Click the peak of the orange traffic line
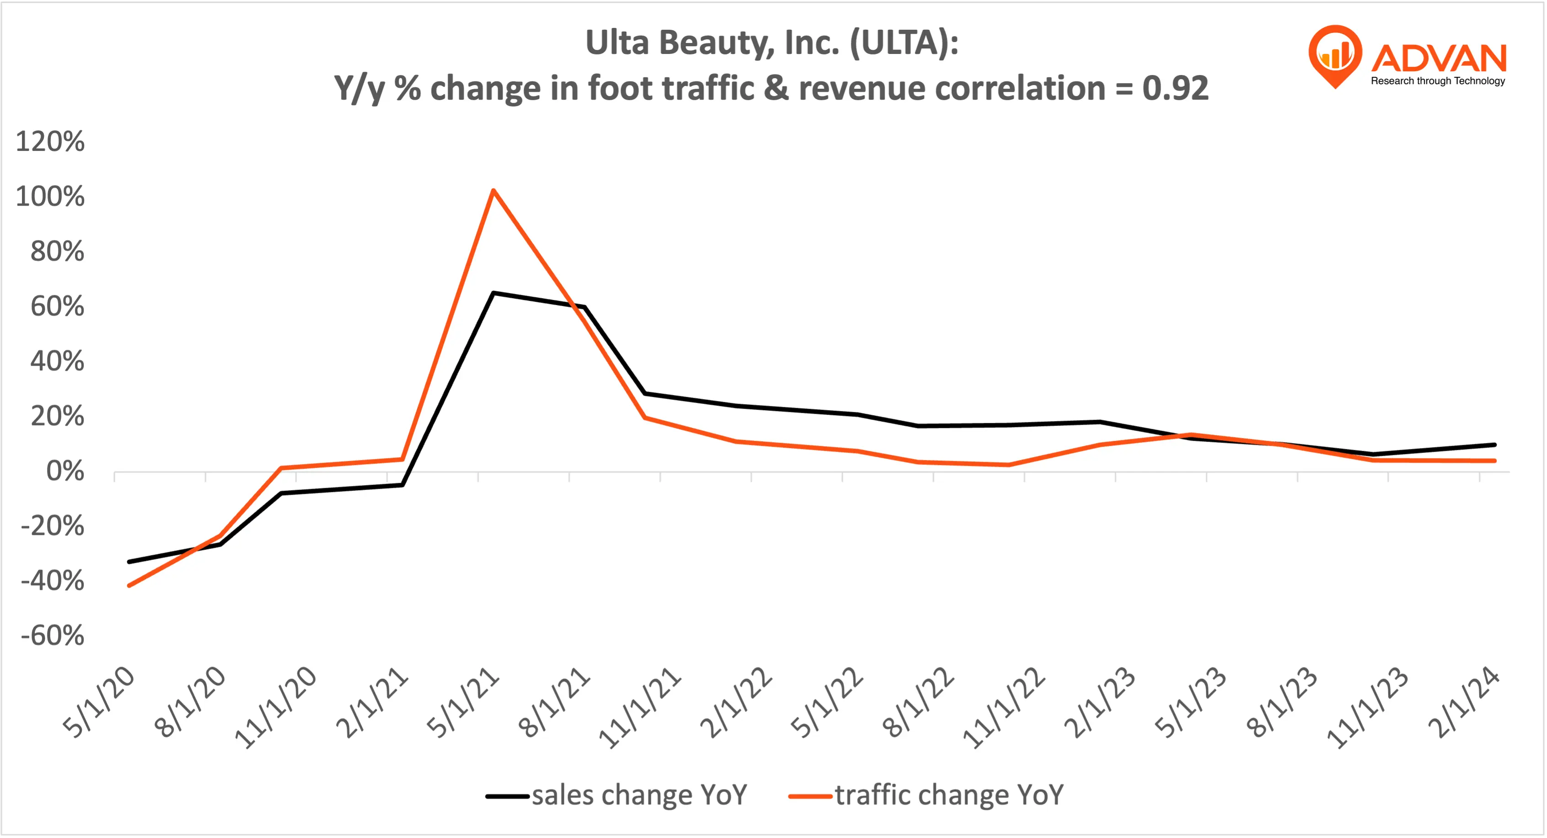[493, 191]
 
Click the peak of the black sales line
[493, 293]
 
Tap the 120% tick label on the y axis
[50, 142]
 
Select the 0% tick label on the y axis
[65, 471]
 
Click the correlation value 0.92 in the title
[1175, 88]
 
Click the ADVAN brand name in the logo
[1439, 58]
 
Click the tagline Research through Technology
[1438, 81]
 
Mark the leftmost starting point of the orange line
[129, 585]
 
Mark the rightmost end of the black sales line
[1494, 445]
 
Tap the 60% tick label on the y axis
[57, 307]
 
